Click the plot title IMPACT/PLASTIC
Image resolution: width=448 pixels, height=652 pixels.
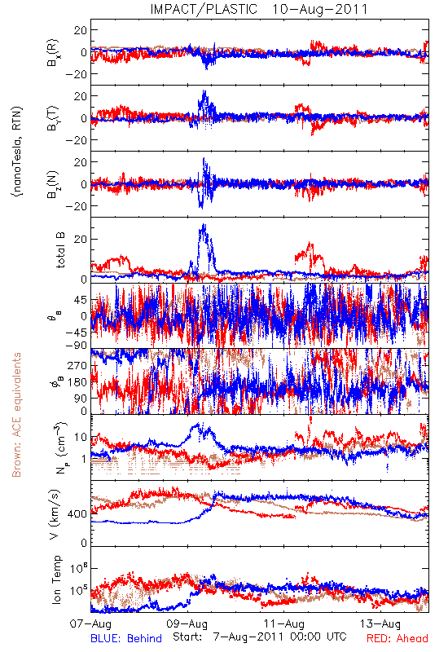coord(204,9)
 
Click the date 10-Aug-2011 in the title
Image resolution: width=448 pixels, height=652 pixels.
coord(320,9)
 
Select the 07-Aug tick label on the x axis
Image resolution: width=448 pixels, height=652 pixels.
coord(90,623)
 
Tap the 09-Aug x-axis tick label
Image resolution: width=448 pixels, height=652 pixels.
coord(187,623)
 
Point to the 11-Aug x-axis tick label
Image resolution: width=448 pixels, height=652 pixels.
coord(283,623)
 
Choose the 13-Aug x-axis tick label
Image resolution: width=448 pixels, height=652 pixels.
coord(380,623)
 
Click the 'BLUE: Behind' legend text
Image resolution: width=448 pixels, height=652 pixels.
coord(126,638)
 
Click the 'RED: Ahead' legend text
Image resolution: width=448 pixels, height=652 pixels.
coord(397,638)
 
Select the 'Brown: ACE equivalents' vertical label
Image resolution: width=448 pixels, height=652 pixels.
coord(16,415)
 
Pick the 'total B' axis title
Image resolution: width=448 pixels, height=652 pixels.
coord(60,249)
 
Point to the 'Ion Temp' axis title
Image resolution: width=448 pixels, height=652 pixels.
coord(57,579)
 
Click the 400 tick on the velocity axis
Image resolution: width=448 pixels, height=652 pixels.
coord(77,514)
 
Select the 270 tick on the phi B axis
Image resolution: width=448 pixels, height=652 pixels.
coord(77,365)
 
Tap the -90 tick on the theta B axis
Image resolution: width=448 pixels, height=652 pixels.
coord(77,345)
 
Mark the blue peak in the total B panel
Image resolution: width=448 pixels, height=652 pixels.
coord(204,225)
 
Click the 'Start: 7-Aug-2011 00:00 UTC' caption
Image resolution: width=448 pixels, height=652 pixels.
coord(260,637)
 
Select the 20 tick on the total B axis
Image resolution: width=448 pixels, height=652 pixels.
coord(81,239)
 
